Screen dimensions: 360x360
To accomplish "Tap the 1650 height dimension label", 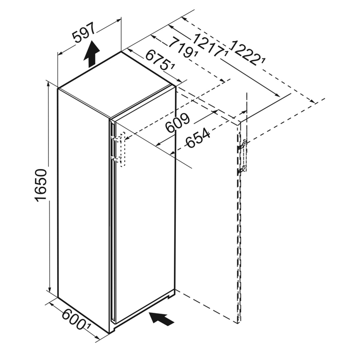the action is pyautogui.click(x=41, y=185).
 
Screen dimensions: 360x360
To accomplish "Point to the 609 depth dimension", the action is pyautogui.click(x=178, y=123).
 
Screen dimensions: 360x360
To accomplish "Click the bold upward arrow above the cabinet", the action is pyautogui.click(x=92, y=54).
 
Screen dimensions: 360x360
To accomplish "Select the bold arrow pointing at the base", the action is pyautogui.click(x=162, y=317).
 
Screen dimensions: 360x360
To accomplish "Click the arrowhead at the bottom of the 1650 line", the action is pyautogui.click(x=49, y=289).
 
